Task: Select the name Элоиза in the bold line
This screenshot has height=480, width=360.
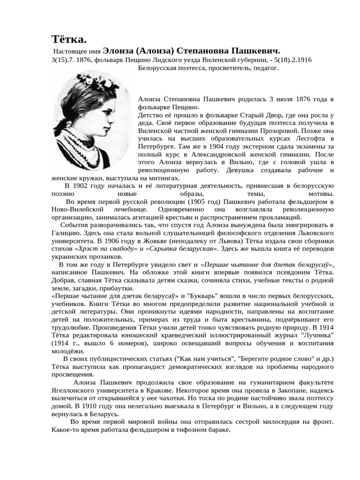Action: (118, 51)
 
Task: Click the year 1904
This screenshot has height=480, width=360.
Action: (206, 147)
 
